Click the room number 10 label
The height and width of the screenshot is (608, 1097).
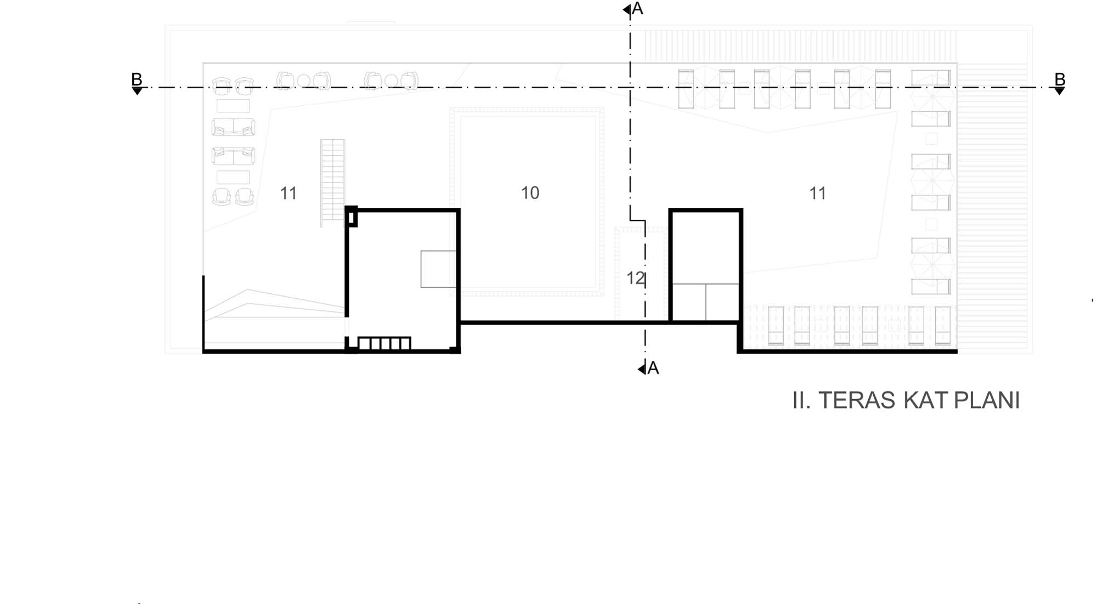pyautogui.click(x=530, y=193)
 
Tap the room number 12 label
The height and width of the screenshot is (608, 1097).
pyautogui.click(x=635, y=279)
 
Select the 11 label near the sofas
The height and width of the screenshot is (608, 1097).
pyautogui.click(x=289, y=194)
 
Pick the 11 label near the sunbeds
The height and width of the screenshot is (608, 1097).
pyautogui.click(x=818, y=194)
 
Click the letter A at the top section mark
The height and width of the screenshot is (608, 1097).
pyautogui.click(x=637, y=9)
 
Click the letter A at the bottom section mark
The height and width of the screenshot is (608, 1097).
pyautogui.click(x=653, y=368)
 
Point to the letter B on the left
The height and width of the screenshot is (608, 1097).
pyautogui.click(x=137, y=79)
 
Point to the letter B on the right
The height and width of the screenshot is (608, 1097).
pyautogui.click(x=1060, y=79)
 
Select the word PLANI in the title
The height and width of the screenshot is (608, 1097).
pyautogui.click(x=987, y=401)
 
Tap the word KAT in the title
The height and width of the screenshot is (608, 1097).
pyautogui.click(x=925, y=401)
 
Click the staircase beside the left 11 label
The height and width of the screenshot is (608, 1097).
pyautogui.click(x=333, y=183)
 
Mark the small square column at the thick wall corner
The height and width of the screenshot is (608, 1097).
pyautogui.click(x=351, y=217)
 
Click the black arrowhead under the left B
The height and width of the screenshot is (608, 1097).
pyautogui.click(x=137, y=92)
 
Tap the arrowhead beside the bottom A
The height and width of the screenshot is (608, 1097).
pyautogui.click(x=642, y=370)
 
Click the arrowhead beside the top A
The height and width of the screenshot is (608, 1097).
pyautogui.click(x=627, y=9)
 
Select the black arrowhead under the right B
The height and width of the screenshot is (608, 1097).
pyautogui.click(x=1060, y=92)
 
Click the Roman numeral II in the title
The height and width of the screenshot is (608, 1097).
pyautogui.click(x=801, y=401)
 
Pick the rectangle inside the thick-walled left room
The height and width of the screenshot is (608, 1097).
pyautogui.click(x=438, y=269)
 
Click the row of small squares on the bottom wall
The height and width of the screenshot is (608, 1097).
pyautogui.click(x=384, y=343)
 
